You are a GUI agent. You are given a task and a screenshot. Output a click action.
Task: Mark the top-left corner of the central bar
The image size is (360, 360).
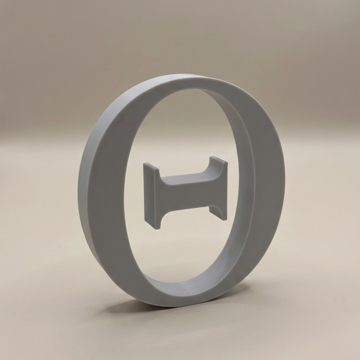point(144,163)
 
